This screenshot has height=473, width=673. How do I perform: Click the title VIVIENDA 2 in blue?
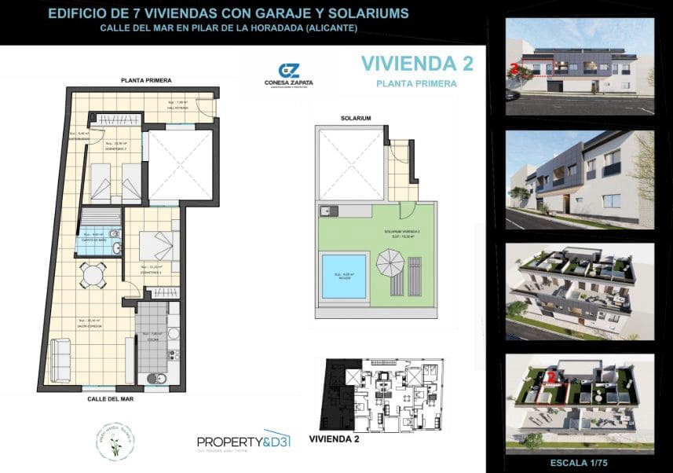(x=408, y=63)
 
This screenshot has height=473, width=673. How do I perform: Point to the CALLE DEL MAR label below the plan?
(x=110, y=398)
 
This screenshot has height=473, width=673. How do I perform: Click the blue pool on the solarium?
(x=344, y=276)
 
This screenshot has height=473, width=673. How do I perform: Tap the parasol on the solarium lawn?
(x=389, y=262)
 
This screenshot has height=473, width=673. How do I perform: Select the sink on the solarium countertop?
(x=329, y=211)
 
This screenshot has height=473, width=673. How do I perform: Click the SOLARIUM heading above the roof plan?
(x=356, y=118)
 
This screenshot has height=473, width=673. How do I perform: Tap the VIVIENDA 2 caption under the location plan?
(x=335, y=439)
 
